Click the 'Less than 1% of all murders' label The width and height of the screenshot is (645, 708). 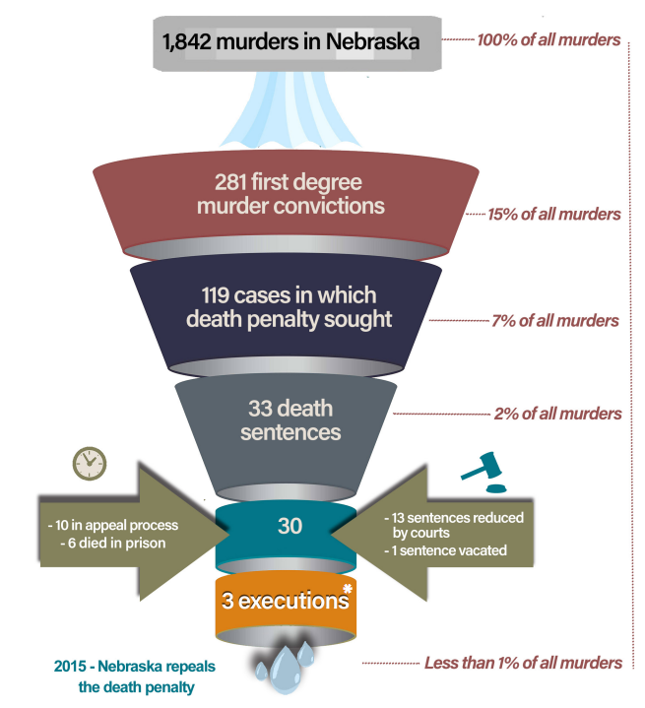point(523,663)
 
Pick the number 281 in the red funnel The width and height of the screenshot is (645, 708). point(235,183)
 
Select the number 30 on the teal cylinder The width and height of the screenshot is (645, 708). point(290,527)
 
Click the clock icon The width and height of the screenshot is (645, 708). point(89,462)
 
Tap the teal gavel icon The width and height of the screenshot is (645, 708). point(483,474)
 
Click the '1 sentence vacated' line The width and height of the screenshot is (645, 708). point(444,550)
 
